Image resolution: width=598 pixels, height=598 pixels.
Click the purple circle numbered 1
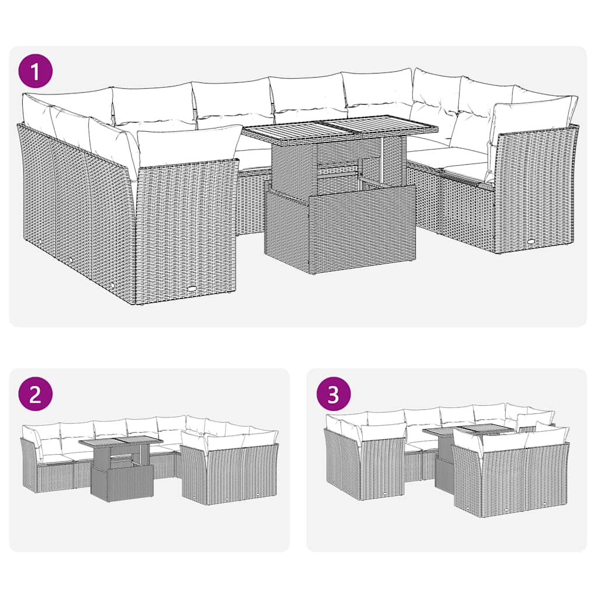tap(35, 72)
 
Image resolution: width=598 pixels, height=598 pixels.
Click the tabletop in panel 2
tap(120, 442)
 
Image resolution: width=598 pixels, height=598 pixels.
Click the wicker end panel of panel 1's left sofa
tap(187, 228)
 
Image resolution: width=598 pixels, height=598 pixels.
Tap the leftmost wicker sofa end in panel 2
tap(29, 464)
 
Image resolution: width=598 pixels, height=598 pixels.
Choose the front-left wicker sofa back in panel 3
tap(383, 470)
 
